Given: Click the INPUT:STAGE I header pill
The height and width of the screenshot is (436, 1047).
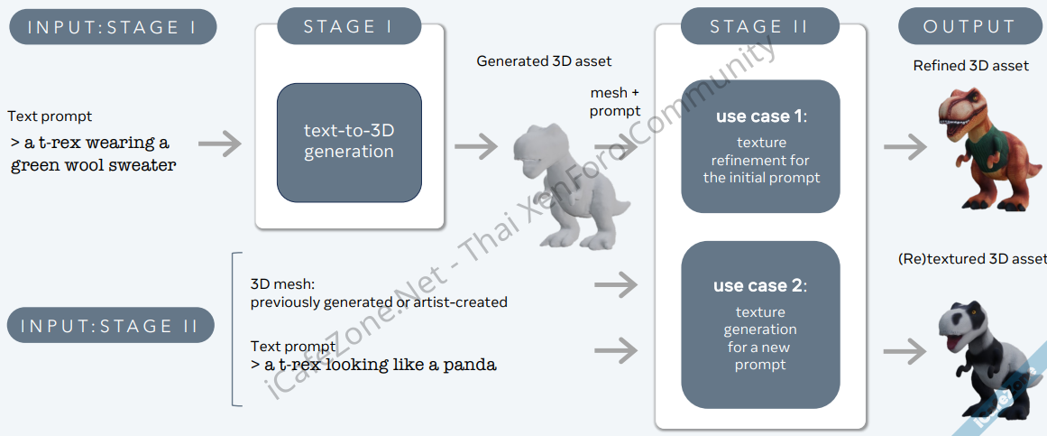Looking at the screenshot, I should point(113,27).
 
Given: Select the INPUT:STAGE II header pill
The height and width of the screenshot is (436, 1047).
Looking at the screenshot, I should point(111,325).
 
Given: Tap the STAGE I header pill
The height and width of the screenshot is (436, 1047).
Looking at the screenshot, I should point(348,26).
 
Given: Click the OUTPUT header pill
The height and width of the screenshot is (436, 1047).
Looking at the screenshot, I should point(969,27).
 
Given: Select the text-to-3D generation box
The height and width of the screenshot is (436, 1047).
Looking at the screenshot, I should point(349,142).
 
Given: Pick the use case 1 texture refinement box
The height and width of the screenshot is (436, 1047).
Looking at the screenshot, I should point(760,146).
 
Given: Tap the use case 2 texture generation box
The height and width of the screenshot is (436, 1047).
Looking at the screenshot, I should point(760,325).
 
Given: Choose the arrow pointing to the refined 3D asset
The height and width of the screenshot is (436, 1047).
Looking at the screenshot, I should point(905,145).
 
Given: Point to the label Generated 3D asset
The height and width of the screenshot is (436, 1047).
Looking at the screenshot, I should point(544,61).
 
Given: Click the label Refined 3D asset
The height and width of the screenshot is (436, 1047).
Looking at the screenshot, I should point(970,66).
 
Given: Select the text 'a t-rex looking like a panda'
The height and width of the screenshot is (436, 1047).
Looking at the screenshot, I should point(380,365).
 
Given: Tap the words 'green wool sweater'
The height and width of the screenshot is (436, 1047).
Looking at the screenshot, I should point(94,165).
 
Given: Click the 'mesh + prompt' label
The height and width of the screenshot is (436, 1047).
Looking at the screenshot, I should point(615,102).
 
